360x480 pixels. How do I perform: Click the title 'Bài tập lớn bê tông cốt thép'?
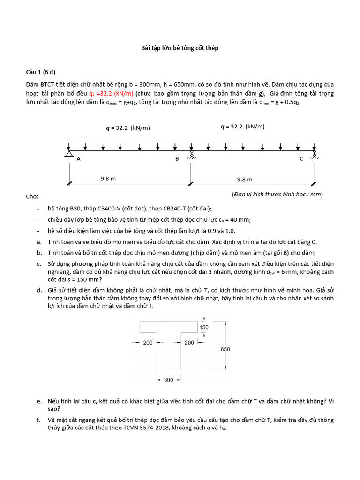point(180,48)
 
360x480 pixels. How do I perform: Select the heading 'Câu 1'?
point(34,72)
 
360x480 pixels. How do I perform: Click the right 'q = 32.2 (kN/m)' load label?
point(242,127)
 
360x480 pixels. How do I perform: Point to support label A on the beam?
point(79,159)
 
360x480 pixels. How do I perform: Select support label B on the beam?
point(177,159)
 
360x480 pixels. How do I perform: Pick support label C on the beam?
point(302,159)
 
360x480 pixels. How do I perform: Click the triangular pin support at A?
point(69,154)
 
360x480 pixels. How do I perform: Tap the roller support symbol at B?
point(191,154)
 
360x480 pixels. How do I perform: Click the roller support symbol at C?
point(315,154)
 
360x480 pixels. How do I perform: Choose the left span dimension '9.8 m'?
point(108,179)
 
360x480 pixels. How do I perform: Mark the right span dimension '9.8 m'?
point(245,179)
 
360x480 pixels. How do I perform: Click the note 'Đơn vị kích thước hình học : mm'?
point(277,194)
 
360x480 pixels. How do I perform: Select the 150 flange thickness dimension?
point(204,327)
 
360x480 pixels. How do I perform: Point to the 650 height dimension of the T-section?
point(225,348)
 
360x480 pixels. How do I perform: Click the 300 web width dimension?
point(169,380)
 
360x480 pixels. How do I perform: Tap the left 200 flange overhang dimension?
point(148,343)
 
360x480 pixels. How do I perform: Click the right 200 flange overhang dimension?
point(189,343)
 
